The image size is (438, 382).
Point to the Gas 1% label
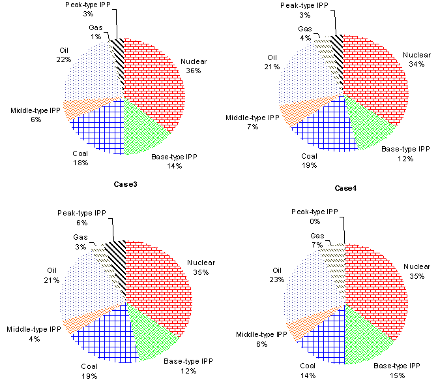coord(95,32)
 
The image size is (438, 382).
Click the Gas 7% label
coord(317,240)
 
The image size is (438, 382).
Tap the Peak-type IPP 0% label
coord(314,216)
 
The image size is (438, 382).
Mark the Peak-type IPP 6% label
coord(81,217)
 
